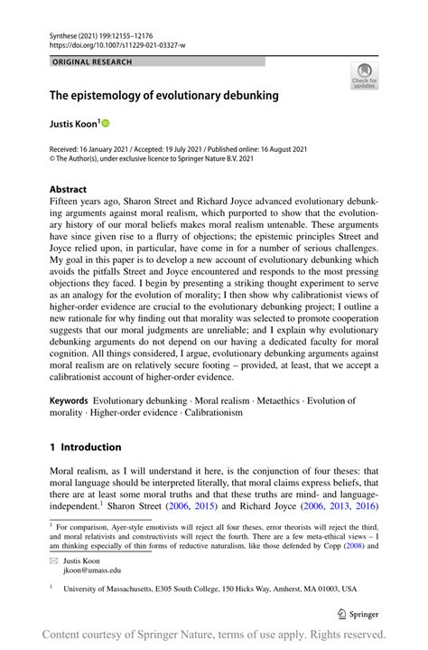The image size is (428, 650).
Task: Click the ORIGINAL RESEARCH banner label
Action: coord(92,61)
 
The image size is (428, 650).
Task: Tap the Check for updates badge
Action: coord(364,76)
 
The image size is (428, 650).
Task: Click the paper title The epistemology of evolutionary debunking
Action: coord(163,95)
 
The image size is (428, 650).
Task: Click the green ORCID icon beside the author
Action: coord(105,122)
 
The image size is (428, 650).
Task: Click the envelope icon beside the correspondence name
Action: coord(52,561)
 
